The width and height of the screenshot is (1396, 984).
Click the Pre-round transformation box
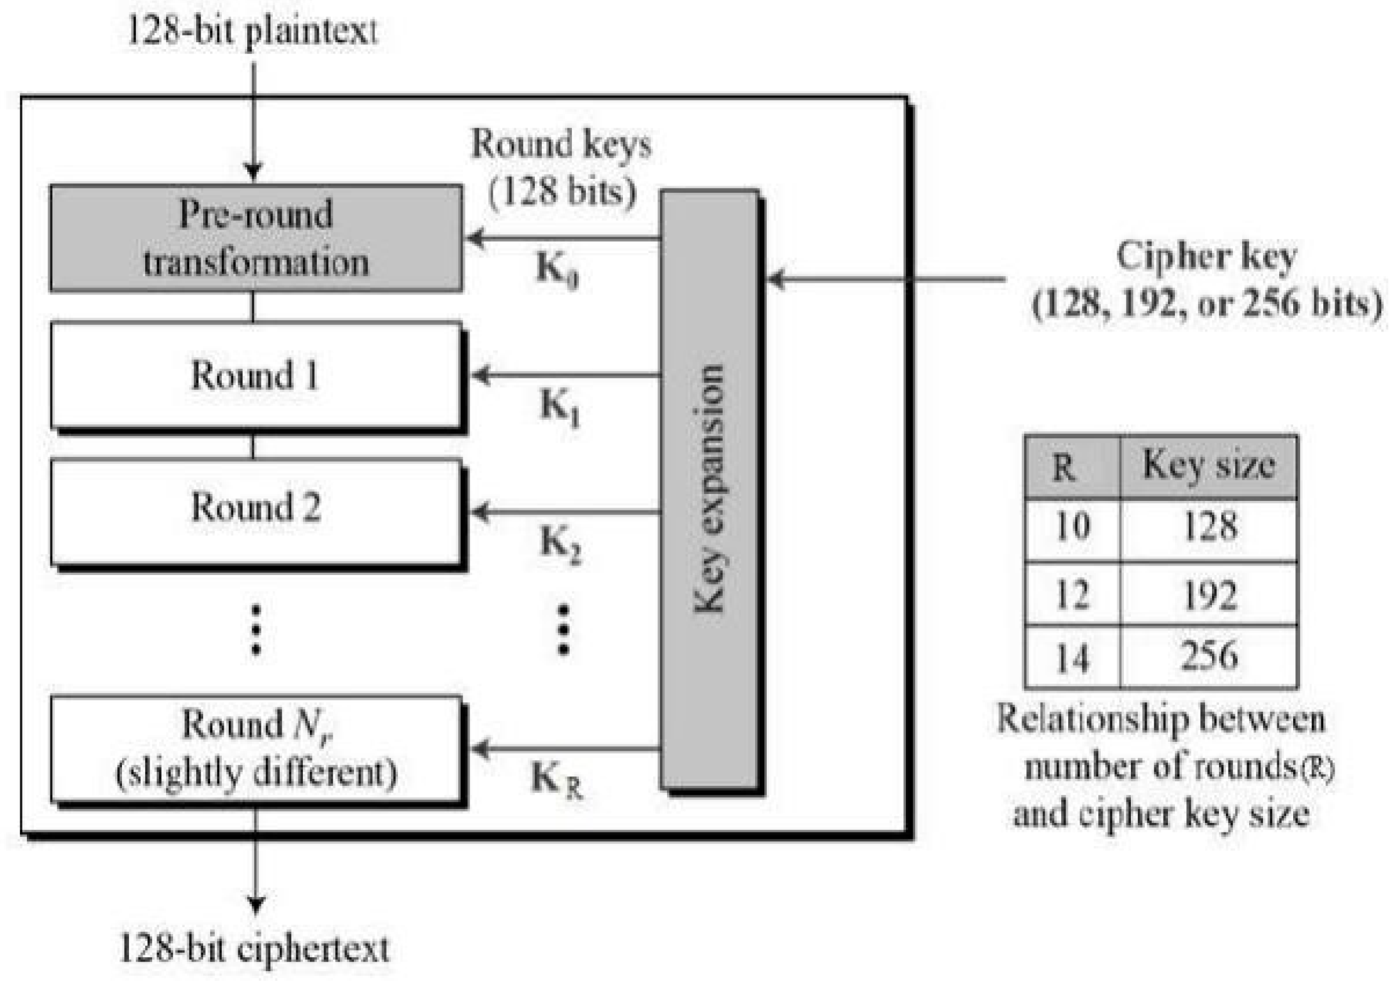[x=256, y=238]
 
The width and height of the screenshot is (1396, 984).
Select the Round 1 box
[x=256, y=375]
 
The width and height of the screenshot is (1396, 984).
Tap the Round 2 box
[x=256, y=511]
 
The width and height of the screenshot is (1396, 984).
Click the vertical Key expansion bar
[x=709, y=489]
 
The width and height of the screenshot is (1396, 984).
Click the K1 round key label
[x=560, y=407]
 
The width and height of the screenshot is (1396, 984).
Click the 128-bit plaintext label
[x=252, y=31]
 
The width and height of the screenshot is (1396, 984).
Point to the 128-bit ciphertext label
[x=254, y=948]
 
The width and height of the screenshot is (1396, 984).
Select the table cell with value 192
[x=1209, y=594]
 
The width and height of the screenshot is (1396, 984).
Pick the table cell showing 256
[x=1209, y=656]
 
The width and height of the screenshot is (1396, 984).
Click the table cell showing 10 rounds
[x=1072, y=528]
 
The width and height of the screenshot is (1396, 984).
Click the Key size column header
[x=1209, y=466]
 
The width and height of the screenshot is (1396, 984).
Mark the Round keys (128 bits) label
[x=561, y=167]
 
